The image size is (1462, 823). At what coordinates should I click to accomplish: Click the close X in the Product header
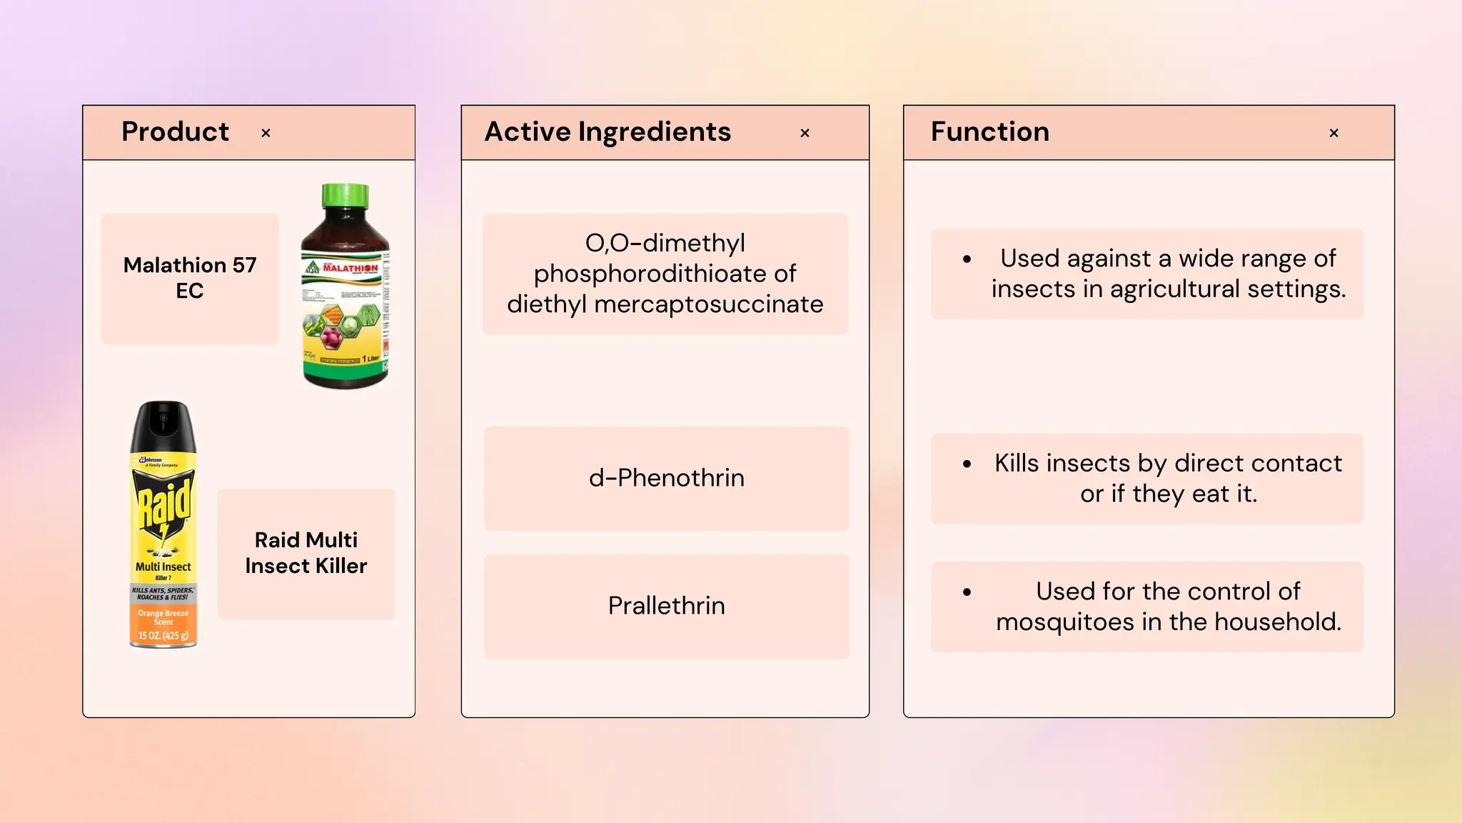(266, 133)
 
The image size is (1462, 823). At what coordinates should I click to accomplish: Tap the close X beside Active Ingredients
(805, 133)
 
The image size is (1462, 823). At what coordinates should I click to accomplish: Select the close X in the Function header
(1334, 133)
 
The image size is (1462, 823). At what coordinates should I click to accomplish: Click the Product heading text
(175, 131)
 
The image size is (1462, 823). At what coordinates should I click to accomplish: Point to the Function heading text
(989, 131)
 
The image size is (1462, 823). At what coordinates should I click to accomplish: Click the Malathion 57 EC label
(190, 278)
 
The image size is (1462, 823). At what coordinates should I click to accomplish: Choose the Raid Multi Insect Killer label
(306, 553)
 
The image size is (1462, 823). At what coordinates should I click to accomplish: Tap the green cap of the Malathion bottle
(346, 196)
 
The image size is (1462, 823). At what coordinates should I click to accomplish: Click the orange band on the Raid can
(163, 624)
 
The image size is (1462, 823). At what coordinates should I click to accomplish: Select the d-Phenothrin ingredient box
(666, 478)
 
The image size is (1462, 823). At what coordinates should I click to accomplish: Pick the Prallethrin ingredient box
(666, 606)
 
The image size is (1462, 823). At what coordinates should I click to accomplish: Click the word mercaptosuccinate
(708, 304)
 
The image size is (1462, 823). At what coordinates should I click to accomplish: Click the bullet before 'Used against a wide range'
(967, 259)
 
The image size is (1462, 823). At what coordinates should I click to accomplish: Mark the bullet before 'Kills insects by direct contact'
(967, 464)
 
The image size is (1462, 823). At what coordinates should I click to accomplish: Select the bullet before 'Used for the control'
(967, 592)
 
